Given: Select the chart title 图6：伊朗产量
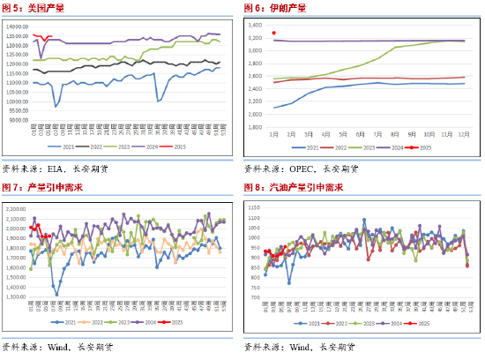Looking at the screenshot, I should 275,8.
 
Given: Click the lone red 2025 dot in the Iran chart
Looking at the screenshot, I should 274,33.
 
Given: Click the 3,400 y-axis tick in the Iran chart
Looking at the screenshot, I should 254,26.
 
